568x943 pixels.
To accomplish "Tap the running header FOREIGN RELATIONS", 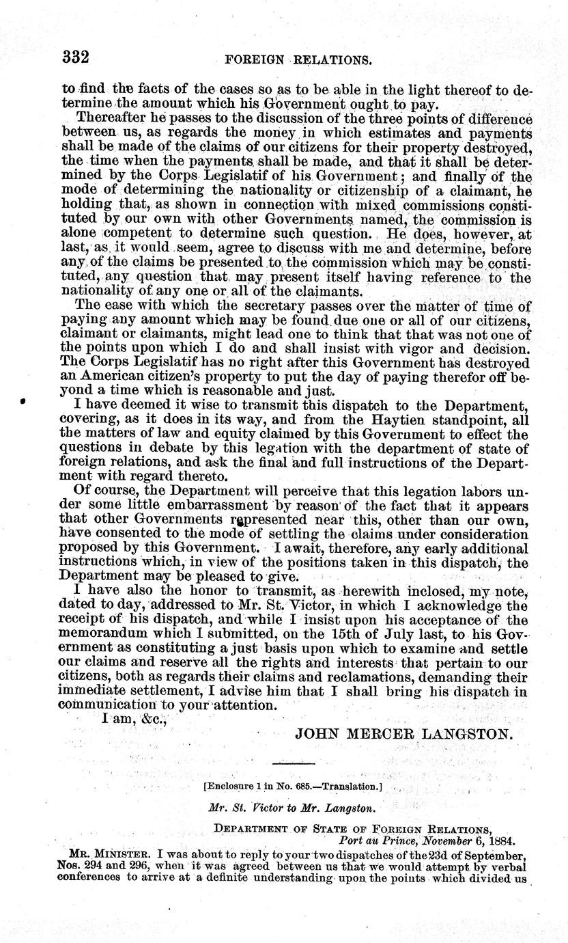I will point(298,59).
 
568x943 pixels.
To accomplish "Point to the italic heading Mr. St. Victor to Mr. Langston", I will point(292,808).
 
